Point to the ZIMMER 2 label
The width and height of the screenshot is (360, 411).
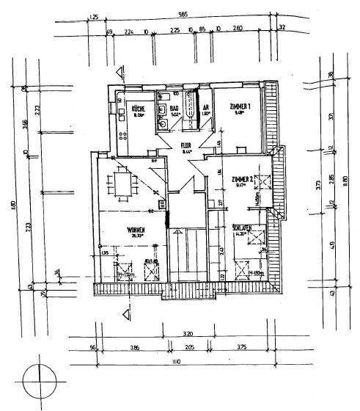tap(241, 180)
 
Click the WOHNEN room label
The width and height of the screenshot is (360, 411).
tap(135, 230)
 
